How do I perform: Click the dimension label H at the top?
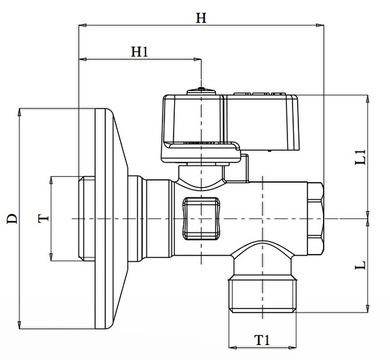[201, 18]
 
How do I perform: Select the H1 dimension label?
[140, 52]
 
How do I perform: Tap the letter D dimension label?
[12, 218]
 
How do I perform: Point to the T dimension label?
[44, 218]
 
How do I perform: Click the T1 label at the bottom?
[262, 340]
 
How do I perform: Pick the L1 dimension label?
[360, 157]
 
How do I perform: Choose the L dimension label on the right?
[360, 265]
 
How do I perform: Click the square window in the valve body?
[201, 218]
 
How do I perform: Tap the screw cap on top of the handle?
[201, 92]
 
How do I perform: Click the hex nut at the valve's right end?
[315, 218]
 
